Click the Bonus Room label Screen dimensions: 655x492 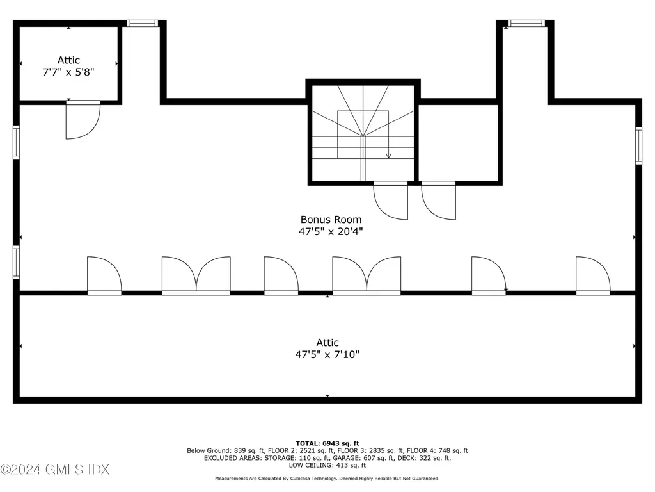331,220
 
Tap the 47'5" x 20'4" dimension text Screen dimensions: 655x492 331,231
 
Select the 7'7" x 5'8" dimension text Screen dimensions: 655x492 68,72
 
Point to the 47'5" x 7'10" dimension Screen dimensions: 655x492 327,354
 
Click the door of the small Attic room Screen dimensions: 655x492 83,120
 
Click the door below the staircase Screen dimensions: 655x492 391,201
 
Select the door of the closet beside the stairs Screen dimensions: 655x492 439,201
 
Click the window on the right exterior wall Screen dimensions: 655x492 639,145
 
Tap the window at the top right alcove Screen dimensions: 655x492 526,24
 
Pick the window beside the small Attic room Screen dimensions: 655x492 143,24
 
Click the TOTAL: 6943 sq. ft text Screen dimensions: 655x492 327,443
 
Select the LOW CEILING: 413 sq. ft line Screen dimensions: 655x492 327,465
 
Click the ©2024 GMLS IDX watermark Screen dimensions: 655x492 55,470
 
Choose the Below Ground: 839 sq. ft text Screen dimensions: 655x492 226,450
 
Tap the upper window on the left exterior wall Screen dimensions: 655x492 16,142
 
